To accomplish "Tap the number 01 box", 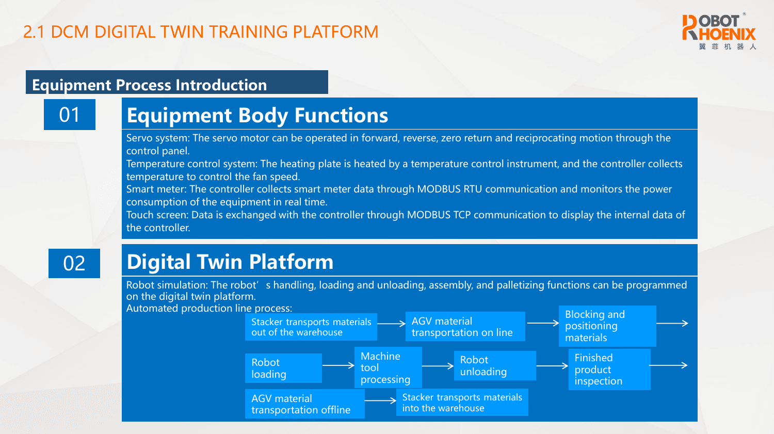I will point(70,115).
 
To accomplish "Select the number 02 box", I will point(74,263).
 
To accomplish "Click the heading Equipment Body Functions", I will point(257,116).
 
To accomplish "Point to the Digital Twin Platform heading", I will point(230,262).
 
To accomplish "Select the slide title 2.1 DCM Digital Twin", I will point(201,32).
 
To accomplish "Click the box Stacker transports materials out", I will point(311,327).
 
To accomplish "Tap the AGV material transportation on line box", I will point(465,327).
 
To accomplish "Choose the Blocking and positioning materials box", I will point(607,326).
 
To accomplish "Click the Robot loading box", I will point(283,368).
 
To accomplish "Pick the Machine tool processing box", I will point(388,367).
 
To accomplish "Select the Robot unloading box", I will point(494,366).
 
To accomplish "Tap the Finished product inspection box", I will point(609,369).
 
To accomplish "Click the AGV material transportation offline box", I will point(304,404).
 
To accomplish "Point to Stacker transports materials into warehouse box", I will point(462,403).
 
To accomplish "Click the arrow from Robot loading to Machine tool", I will point(338,365).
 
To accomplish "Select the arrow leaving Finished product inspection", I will point(669,365).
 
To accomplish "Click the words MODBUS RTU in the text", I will point(449,189).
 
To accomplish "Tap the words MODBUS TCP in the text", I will point(439,215).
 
